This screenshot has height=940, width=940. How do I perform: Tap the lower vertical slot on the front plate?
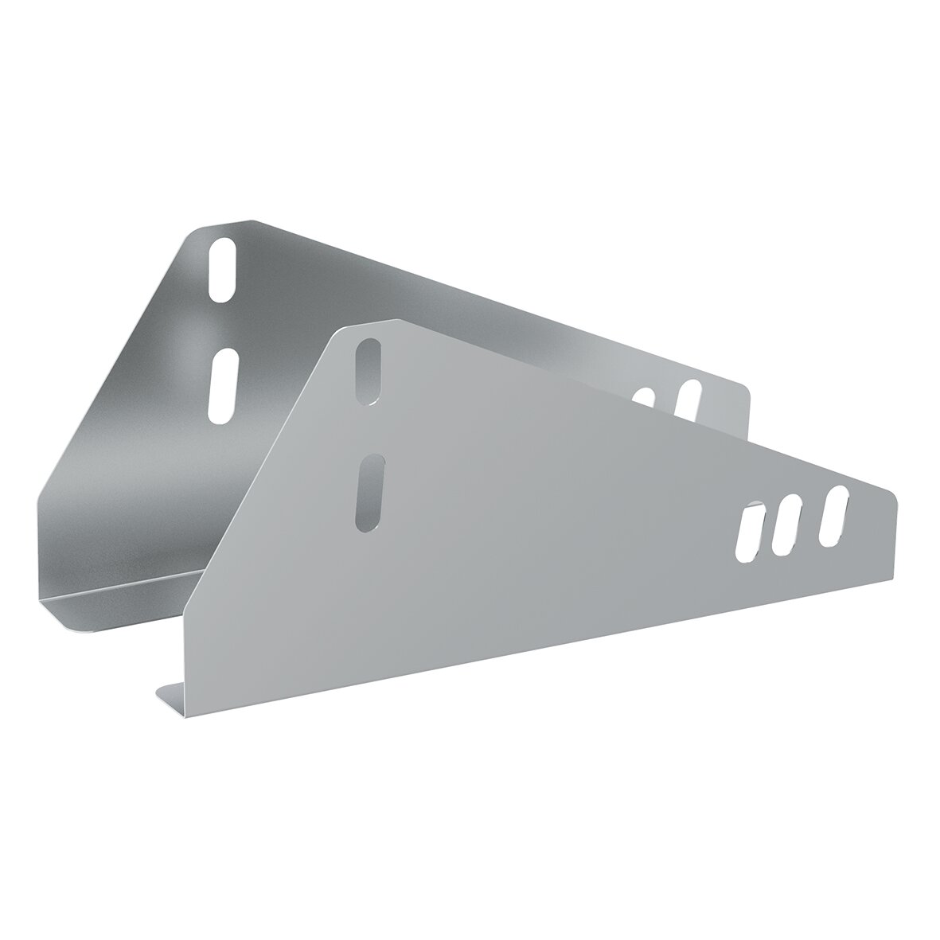tap(370, 493)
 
